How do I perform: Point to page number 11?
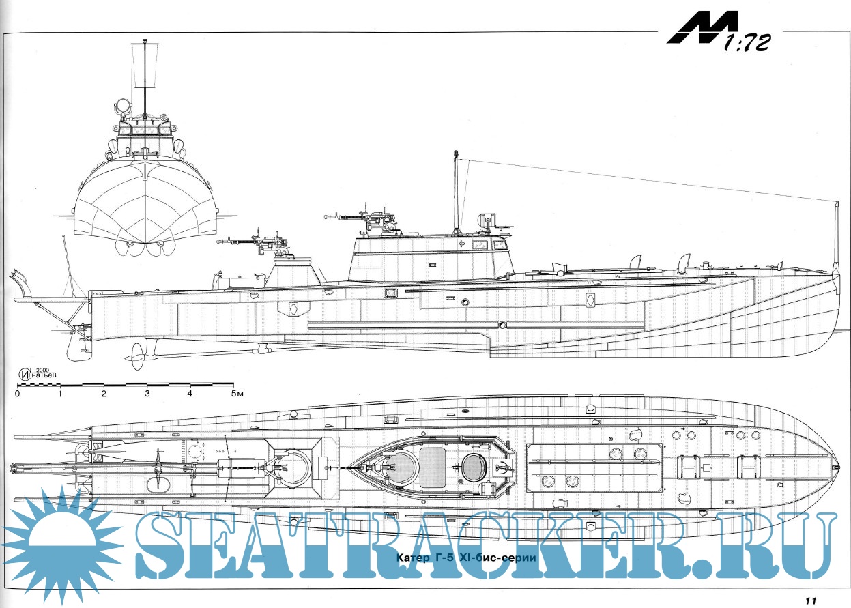(810, 600)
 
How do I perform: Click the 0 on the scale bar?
(17, 394)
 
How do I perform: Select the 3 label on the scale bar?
(147, 394)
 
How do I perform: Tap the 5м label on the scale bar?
(235, 394)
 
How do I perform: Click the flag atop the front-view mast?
(145, 66)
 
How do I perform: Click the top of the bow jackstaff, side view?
(836, 203)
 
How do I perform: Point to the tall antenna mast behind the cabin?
(455, 194)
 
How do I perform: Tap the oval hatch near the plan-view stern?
(160, 483)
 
